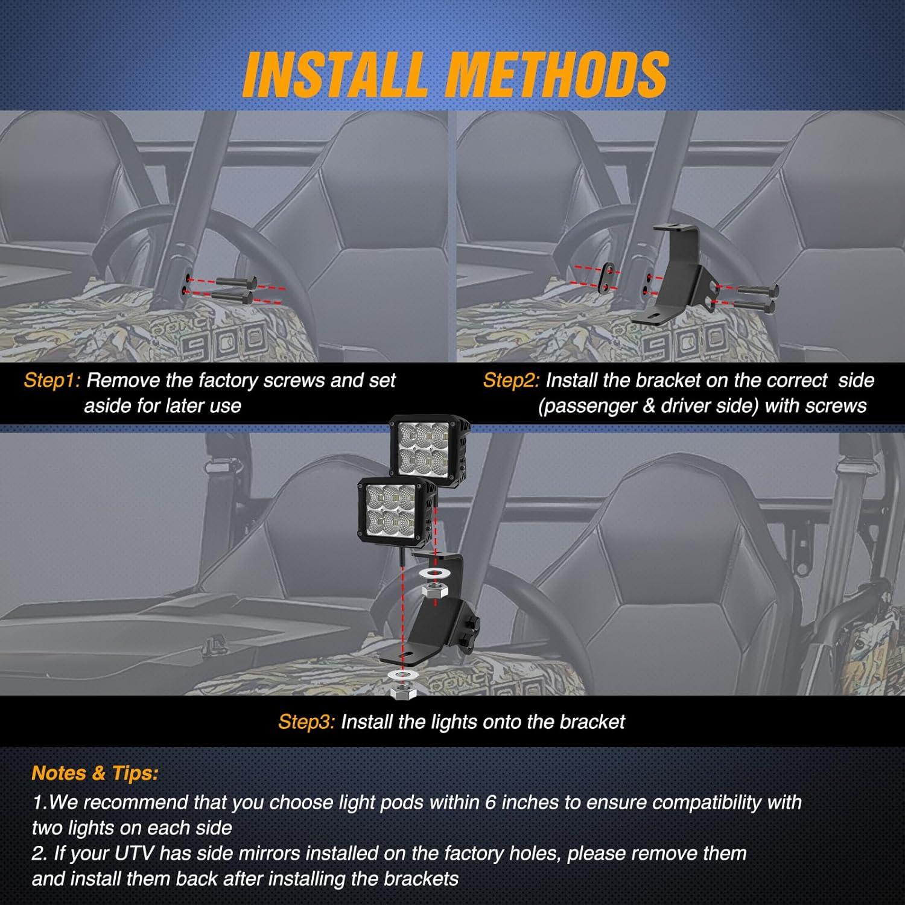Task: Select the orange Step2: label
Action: tap(512, 381)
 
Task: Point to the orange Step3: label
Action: tap(306, 722)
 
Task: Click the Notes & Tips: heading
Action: tap(95, 773)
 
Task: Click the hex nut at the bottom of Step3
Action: tap(401, 693)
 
